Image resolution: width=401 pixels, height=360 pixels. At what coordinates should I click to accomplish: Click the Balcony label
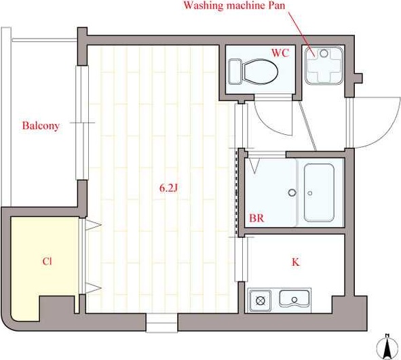(x=41, y=125)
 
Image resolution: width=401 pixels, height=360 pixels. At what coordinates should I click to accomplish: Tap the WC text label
(x=280, y=53)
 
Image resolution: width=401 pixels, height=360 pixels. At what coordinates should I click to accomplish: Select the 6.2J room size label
(x=168, y=188)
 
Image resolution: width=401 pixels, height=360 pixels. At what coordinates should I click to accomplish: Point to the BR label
(x=256, y=218)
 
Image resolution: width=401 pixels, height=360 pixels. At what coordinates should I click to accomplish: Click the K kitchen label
(x=296, y=262)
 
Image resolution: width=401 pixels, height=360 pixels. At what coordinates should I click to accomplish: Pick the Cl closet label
(x=47, y=262)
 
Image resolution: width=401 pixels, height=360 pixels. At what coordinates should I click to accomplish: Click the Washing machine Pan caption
(x=234, y=5)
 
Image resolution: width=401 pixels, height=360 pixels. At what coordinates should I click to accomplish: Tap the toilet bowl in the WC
(x=261, y=71)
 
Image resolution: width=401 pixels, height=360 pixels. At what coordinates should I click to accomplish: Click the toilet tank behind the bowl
(x=235, y=72)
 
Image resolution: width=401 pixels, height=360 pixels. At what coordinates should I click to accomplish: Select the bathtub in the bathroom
(x=319, y=193)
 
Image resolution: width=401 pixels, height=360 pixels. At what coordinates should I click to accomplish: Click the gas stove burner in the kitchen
(x=260, y=300)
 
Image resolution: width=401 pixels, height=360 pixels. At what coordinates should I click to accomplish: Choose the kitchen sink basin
(x=294, y=298)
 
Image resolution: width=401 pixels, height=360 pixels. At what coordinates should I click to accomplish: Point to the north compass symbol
(x=387, y=346)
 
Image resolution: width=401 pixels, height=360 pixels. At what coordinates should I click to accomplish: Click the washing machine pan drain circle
(x=324, y=54)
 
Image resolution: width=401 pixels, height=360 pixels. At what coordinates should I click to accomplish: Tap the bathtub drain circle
(x=310, y=193)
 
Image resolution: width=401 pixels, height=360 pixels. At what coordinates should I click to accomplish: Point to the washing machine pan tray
(x=324, y=65)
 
